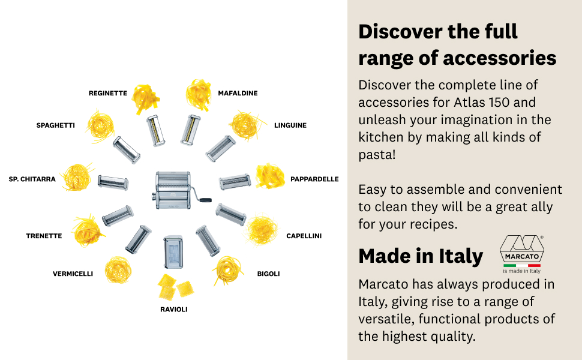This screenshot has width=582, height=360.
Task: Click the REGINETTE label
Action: click(x=108, y=93)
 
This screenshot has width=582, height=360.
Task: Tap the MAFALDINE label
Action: click(x=238, y=93)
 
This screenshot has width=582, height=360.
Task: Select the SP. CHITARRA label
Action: click(x=32, y=179)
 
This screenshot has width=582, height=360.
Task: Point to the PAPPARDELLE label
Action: click(x=314, y=179)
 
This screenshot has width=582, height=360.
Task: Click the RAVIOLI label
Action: click(x=174, y=310)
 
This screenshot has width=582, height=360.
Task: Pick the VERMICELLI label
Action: click(x=73, y=274)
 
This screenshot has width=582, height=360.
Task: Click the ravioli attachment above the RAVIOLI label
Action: click(x=173, y=252)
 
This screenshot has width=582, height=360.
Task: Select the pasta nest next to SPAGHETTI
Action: click(x=100, y=125)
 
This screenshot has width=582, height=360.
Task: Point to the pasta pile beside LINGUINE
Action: click(x=246, y=124)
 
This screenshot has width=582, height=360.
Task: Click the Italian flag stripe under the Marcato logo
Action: click(x=521, y=265)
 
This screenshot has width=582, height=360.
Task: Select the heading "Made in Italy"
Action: click(x=421, y=256)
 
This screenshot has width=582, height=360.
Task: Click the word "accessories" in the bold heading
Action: click(x=499, y=58)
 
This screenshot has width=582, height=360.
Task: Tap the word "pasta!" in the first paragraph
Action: click(x=377, y=155)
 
